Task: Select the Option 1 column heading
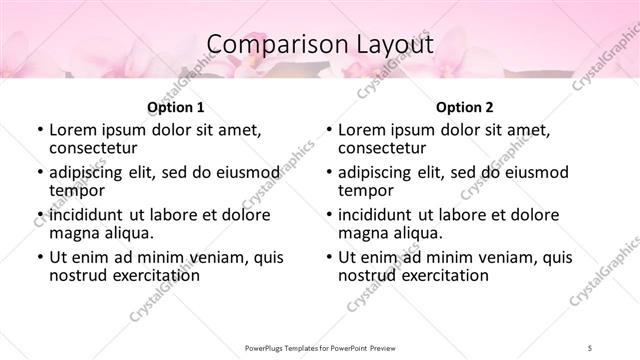coord(175,106)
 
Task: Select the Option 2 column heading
coord(464,106)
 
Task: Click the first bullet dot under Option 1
coord(39,130)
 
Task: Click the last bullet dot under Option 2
coord(328,257)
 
